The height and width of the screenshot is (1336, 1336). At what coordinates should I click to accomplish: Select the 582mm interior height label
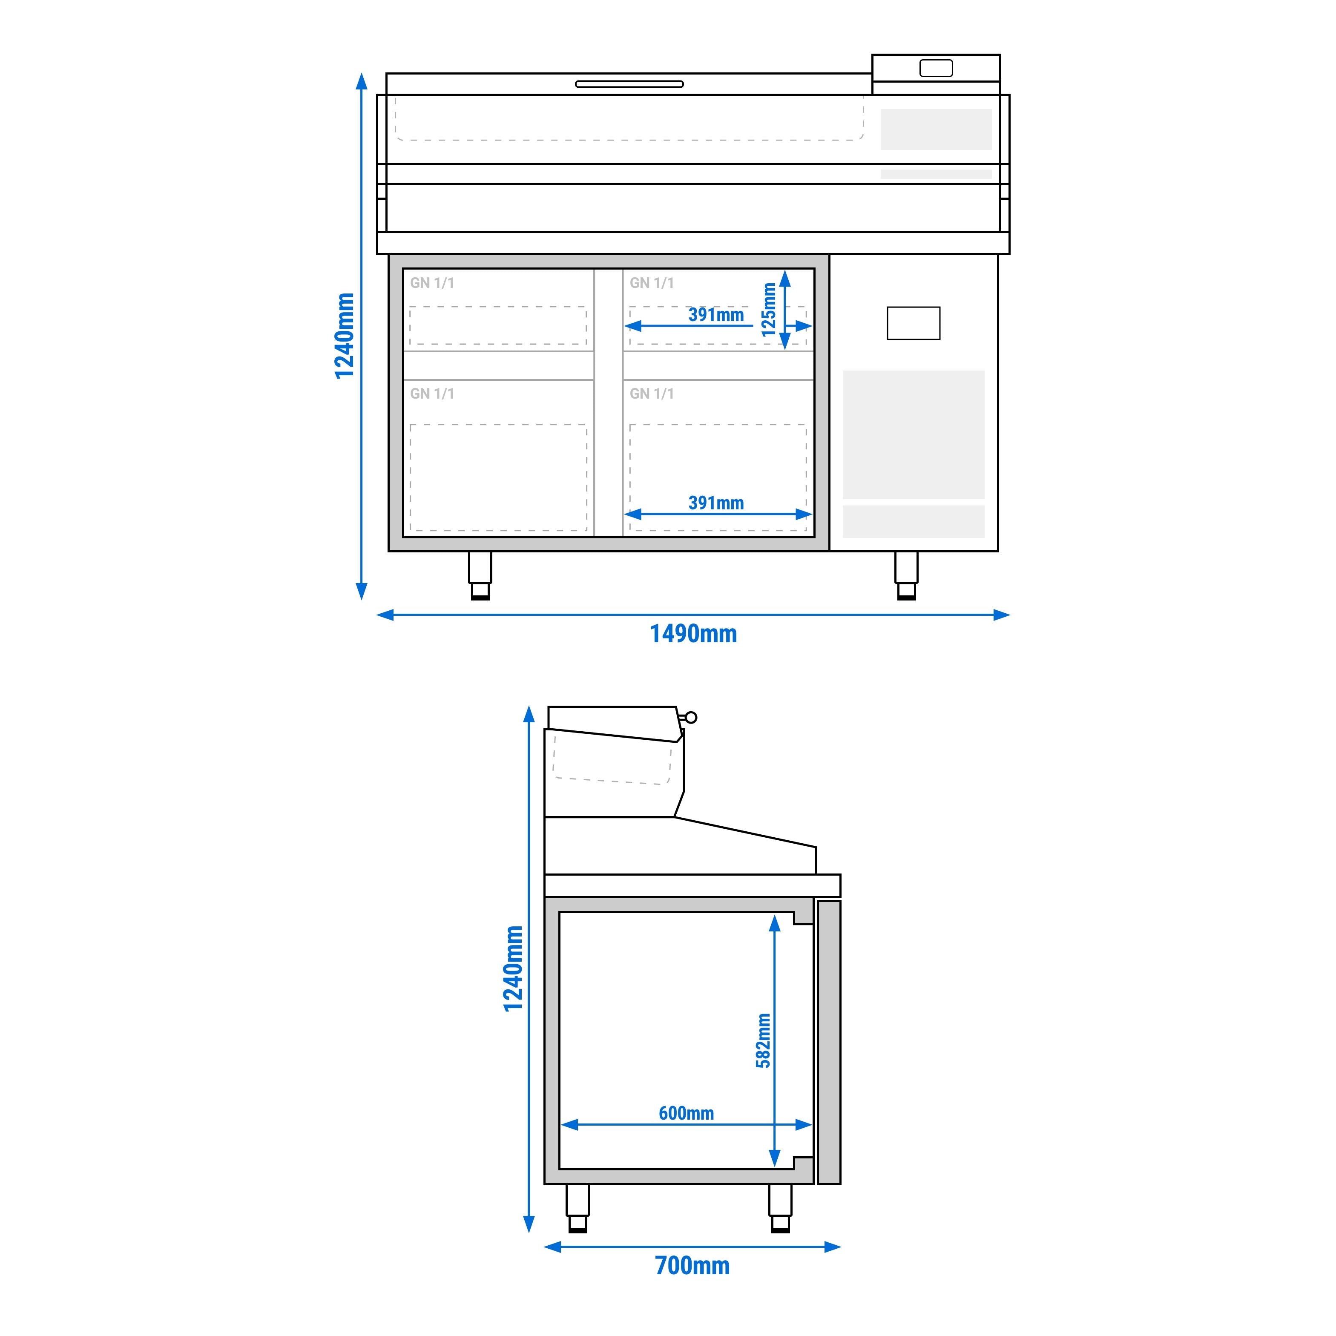coord(763,1041)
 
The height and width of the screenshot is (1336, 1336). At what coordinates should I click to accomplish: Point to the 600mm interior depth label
coord(686,1113)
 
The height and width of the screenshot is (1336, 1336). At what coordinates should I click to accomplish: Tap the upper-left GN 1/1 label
coord(432,283)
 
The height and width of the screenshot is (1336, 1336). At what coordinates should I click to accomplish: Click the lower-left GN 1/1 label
coord(432,394)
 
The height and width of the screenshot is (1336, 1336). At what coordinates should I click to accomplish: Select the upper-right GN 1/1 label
coord(652,283)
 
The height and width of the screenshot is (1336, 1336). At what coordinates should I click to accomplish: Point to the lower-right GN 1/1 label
coord(652,394)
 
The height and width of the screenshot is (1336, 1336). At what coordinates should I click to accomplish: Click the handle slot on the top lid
coord(629,84)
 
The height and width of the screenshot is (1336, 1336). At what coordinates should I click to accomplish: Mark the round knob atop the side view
coord(690,717)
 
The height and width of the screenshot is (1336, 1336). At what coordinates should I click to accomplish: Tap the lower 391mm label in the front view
coord(716,503)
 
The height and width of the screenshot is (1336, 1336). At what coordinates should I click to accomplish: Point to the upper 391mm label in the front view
coord(716,315)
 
